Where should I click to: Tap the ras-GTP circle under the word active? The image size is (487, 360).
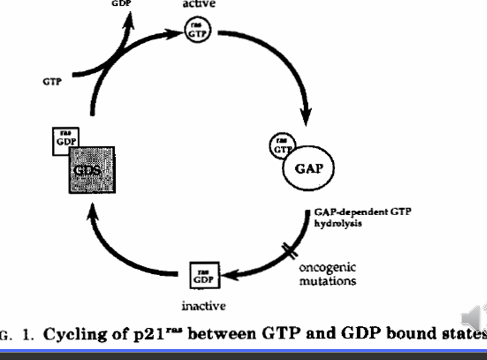195,29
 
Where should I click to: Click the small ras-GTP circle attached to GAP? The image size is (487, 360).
279,145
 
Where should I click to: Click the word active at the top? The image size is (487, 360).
199,4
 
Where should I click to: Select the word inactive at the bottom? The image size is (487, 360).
203,307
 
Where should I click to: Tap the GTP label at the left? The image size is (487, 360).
53,82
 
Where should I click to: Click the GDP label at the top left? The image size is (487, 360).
121,3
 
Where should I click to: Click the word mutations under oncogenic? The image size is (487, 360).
327,280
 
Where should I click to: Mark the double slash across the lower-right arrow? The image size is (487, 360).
291,252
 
